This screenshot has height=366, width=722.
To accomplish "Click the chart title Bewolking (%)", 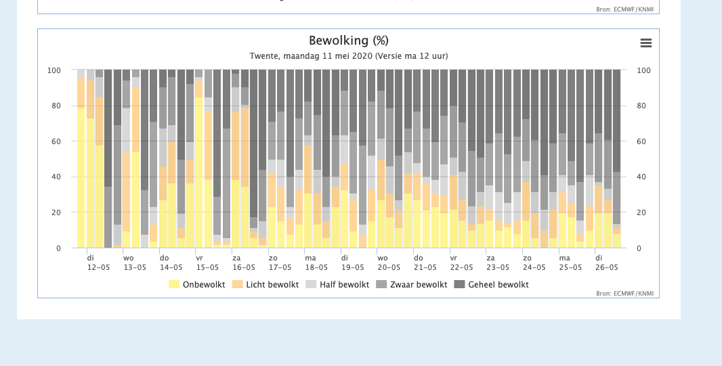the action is [349, 41].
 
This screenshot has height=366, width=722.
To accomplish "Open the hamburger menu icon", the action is [646, 43].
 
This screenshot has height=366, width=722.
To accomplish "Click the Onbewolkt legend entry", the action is [196, 285].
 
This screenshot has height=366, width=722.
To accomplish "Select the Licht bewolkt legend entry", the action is [266, 285].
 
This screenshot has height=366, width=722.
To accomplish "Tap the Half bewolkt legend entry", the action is [337, 285].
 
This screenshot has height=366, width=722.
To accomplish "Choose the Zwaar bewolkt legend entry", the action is [412, 285].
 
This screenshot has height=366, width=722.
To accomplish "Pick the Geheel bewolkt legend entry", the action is [491, 285].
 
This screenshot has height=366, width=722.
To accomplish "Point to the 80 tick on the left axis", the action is [56, 106].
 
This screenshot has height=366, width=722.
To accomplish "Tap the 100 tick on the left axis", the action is [54, 70].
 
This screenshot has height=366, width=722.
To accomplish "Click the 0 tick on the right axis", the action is [639, 248].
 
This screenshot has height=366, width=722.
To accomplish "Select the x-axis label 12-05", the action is [98, 268].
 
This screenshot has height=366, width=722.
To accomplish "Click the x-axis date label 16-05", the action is [244, 268].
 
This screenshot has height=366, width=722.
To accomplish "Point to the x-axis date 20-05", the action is [389, 268].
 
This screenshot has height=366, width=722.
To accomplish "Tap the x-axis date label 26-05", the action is [606, 268].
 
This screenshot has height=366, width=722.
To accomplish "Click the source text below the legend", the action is [624, 294].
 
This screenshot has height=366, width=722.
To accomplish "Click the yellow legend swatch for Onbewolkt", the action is [174, 285].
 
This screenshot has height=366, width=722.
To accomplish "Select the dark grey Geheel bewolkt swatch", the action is [459, 285].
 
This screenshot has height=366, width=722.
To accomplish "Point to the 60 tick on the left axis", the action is [56, 141].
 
